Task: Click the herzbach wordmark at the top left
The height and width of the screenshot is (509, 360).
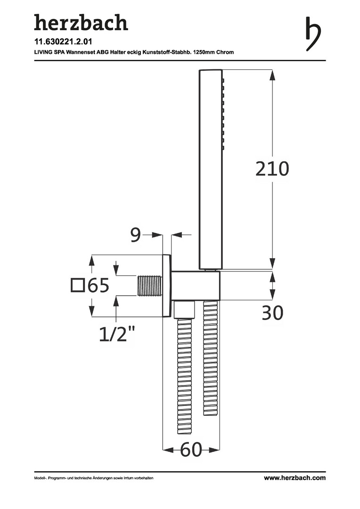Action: point(81,23)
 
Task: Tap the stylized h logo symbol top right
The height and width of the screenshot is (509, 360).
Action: point(313,34)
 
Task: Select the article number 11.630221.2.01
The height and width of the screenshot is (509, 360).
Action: point(63,42)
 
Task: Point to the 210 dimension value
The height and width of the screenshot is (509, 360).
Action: point(272,169)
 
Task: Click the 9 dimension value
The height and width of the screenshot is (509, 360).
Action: point(136,235)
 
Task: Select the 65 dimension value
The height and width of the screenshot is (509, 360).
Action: point(98,286)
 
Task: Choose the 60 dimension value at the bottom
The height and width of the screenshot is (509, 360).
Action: point(191,450)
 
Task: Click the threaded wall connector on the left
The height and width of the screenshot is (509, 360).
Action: point(150,286)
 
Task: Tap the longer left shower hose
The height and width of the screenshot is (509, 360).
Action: point(185,376)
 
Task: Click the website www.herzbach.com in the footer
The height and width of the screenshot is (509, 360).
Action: point(295,478)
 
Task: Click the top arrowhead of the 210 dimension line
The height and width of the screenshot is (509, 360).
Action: point(272,75)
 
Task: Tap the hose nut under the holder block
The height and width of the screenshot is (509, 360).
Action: point(184,309)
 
